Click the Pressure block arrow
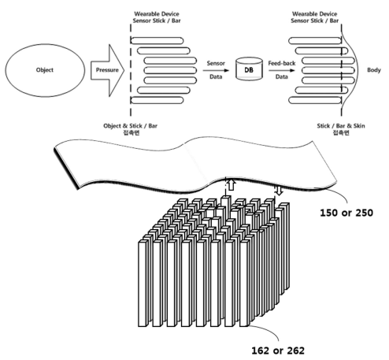coord(107,70)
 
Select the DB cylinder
coord(249,69)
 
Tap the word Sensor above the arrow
coord(216,63)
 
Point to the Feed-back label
coord(282,63)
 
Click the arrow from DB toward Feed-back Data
coord(282,70)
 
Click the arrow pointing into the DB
coord(216,70)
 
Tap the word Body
coord(374,70)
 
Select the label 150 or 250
coord(346,213)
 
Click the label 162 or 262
coord(278,351)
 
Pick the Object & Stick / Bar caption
coord(131,129)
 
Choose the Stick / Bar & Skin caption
coord(341,129)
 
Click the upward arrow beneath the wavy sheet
coord(231,184)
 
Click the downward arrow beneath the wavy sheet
coord(279,190)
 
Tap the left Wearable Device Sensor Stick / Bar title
coord(157,17)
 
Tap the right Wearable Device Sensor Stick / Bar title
coord(315,17)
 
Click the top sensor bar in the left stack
coord(157,40)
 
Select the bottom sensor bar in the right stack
coord(315,100)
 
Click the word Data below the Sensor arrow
coord(216,76)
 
